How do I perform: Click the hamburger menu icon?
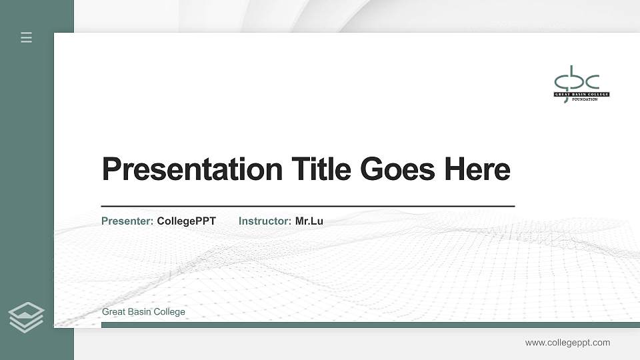point(27,37)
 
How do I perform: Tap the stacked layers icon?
point(27,317)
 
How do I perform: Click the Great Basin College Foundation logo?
point(581,84)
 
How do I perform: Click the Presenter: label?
point(127,221)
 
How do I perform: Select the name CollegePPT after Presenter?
point(187,221)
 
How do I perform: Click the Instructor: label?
point(265,221)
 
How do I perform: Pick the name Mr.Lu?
point(309,221)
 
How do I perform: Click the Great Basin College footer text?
point(143,312)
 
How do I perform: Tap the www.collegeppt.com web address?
point(567,343)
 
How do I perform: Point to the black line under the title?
point(307,207)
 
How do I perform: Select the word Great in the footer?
point(113,312)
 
